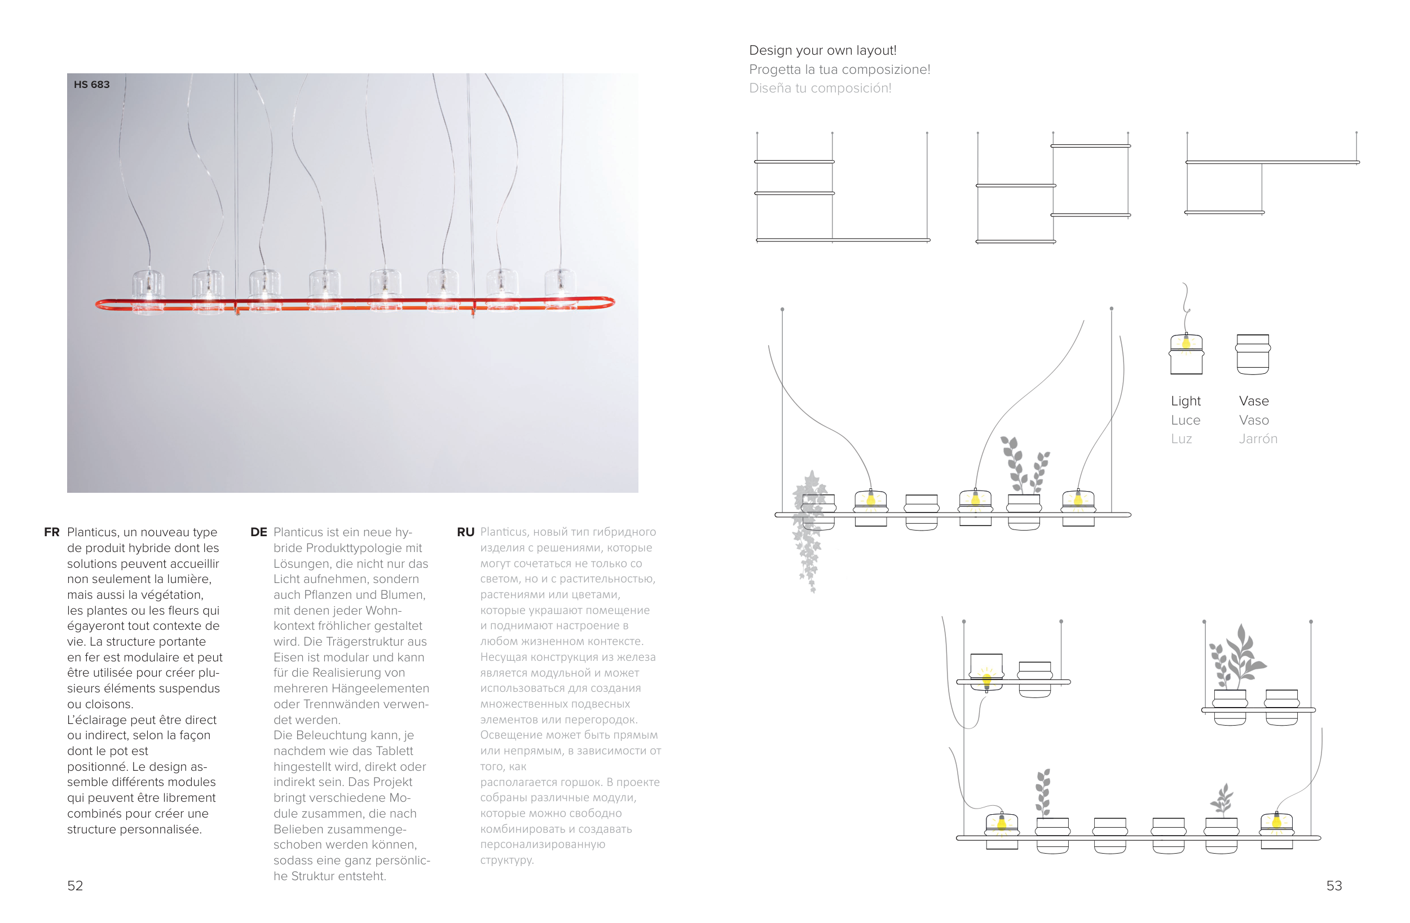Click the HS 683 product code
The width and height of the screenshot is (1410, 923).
[x=92, y=85]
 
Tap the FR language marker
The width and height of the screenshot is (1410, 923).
[x=51, y=532]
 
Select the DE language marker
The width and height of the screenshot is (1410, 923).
[x=258, y=532]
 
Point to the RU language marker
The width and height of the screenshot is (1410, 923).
[x=465, y=532]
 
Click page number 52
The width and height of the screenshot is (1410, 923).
[x=75, y=885]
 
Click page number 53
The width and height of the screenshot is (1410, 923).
[x=1333, y=885]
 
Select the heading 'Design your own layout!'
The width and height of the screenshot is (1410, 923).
[x=822, y=50]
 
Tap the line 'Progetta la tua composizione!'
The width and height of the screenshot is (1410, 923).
[x=839, y=69]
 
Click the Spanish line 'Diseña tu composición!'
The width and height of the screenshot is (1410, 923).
[x=820, y=89]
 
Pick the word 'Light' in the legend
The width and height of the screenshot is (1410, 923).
[x=1186, y=401]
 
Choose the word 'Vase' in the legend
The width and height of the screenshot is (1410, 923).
[x=1254, y=401]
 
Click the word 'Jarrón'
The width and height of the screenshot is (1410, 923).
[x=1258, y=439]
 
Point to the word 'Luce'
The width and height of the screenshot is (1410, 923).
[x=1186, y=420]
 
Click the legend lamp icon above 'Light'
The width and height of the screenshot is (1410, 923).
[x=1186, y=354]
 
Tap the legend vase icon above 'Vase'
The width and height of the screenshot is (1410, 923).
[x=1253, y=354]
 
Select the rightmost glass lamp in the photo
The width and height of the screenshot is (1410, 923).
[x=560, y=288]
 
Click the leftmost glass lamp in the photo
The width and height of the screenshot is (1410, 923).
[x=148, y=290]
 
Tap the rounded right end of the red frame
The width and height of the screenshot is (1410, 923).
[x=610, y=303]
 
